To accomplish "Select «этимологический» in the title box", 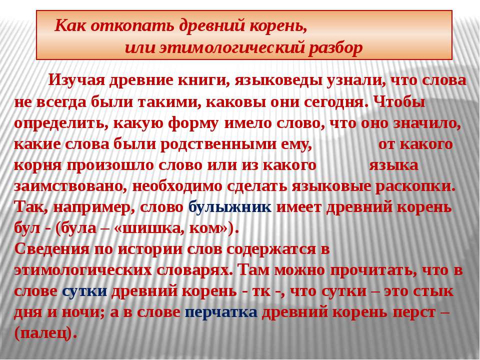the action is click(x=231, y=48).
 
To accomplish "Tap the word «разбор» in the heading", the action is click(x=335, y=48).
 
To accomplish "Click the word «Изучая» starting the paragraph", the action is click(x=77, y=80).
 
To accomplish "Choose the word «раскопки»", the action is click(x=415, y=187).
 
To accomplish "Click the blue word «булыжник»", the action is click(x=230, y=207).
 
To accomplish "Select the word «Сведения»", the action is click(x=52, y=249).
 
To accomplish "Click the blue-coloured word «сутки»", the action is click(x=84, y=291).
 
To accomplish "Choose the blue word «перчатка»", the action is click(x=221, y=312).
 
